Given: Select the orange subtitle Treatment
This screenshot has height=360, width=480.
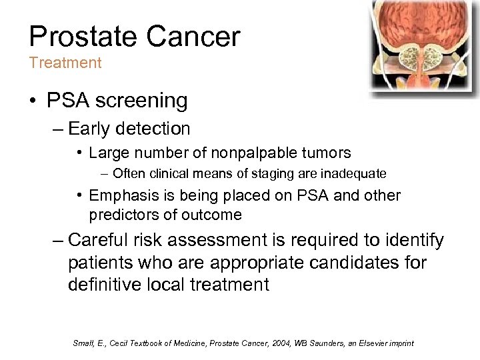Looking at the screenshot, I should tap(65, 63).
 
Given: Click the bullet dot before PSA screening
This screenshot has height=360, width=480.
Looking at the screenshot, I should tap(33, 101).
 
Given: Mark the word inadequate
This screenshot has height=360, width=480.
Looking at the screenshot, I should tap(352, 174).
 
